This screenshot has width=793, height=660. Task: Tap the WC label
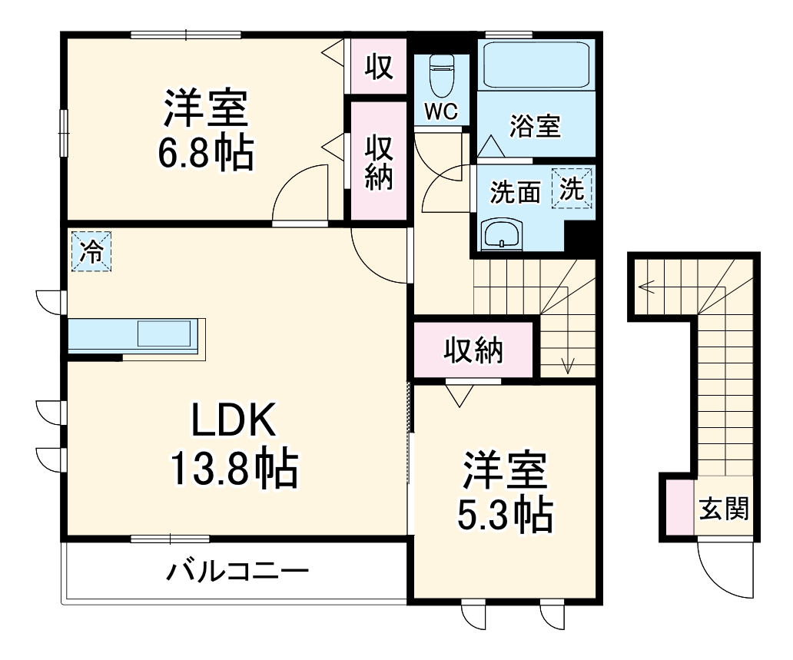coord(441,111)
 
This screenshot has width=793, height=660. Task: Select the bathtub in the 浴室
coord(535,65)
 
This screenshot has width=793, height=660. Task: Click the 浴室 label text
coord(535,126)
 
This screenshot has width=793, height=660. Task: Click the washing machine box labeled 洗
coord(572,188)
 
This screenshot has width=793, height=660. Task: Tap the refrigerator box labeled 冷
coord(91,252)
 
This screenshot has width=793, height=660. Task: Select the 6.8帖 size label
coord(205,154)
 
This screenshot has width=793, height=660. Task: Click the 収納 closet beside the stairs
coord(473,350)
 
